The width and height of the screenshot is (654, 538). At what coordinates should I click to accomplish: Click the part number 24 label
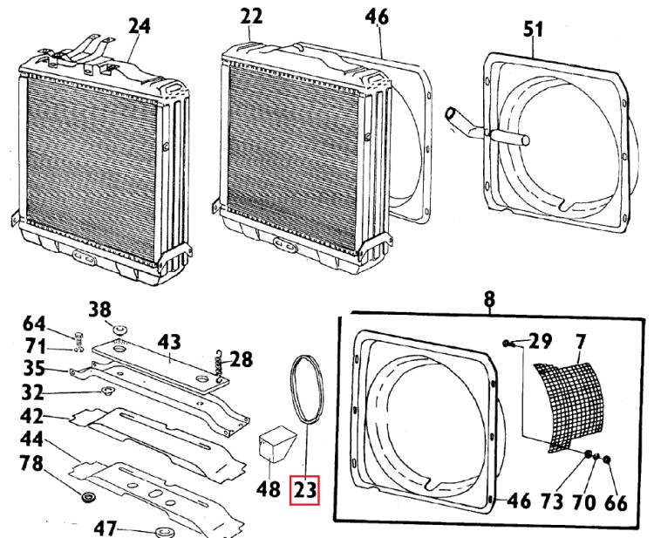pos(139,27)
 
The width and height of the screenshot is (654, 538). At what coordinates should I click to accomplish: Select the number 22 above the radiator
pos(251,17)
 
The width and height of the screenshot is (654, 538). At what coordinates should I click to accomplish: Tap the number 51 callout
pos(533,29)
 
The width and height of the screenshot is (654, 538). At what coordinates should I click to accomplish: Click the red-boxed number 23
pos(304,490)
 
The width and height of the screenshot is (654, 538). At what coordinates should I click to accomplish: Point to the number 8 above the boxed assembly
pos(490,299)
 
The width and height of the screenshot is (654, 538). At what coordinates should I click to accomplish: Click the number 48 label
pos(269,490)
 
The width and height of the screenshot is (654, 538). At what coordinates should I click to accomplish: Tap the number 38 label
pos(101,309)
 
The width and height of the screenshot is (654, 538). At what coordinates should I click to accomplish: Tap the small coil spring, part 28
pos(220,364)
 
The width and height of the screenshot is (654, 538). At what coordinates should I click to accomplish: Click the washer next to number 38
pos(119,327)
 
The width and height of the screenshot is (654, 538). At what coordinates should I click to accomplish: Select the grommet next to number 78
pos(87,498)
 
